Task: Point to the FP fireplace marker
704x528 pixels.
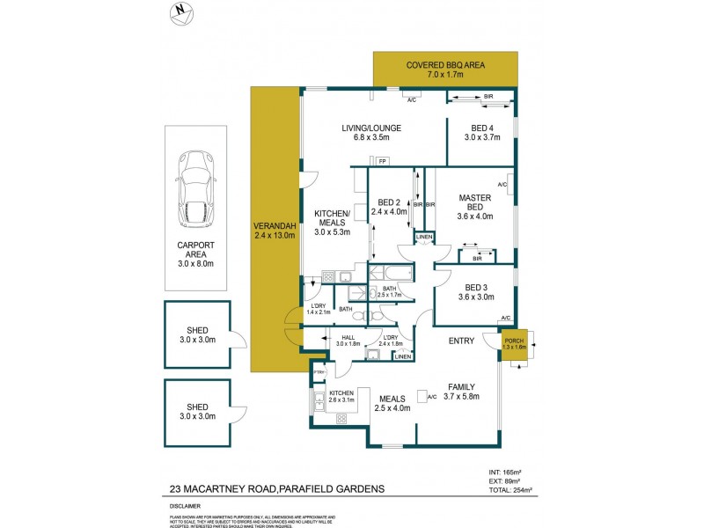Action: (x=382, y=162)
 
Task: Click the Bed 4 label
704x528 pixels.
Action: (x=481, y=131)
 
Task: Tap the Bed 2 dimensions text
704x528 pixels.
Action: (x=388, y=211)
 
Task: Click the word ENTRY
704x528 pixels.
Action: (x=461, y=341)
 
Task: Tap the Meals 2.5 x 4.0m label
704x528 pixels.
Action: (x=392, y=401)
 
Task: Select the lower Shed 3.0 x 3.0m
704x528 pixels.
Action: (x=196, y=412)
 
